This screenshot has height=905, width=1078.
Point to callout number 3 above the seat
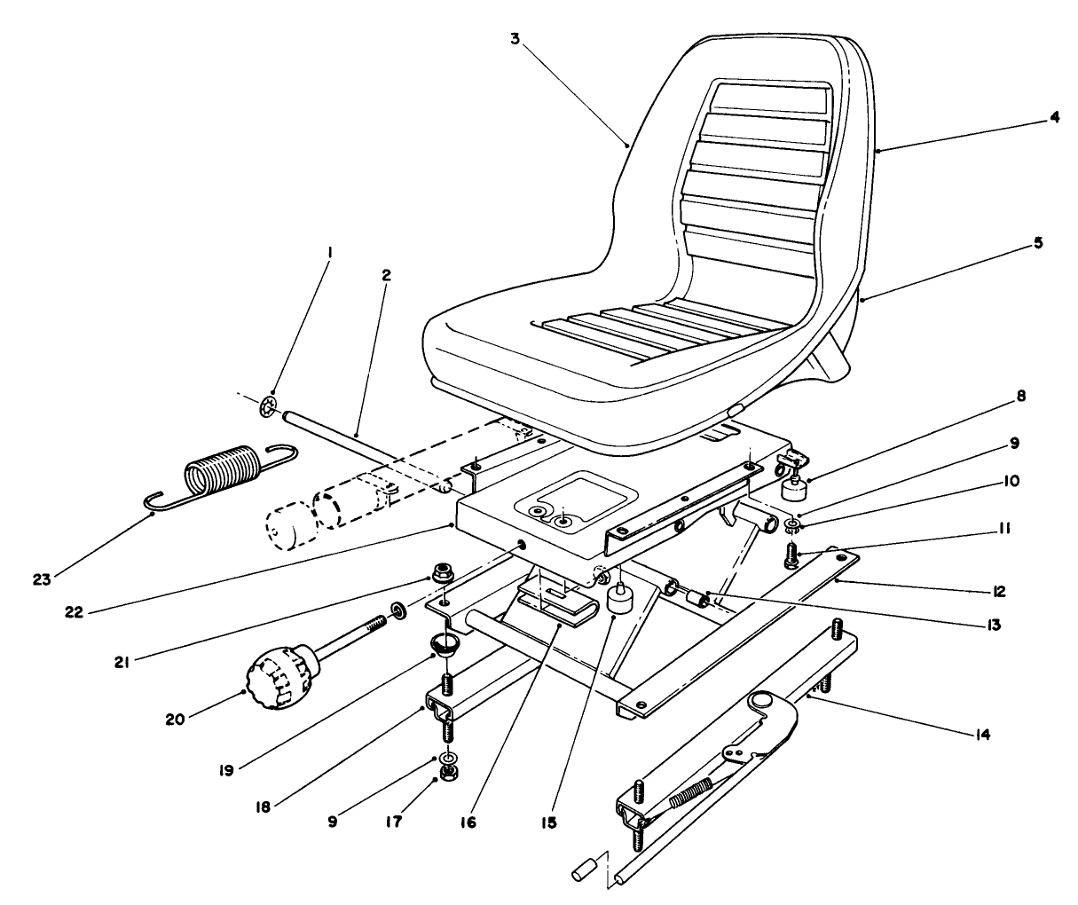(x=514, y=39)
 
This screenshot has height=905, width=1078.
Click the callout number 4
(x=1054, y=115)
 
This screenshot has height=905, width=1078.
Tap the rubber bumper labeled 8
(x=791, y=487)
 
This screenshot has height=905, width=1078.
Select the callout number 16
(x=468, y=822)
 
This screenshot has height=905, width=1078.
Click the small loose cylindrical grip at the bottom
(x=580, y=869)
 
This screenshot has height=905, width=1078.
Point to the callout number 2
(x=386, y=276)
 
